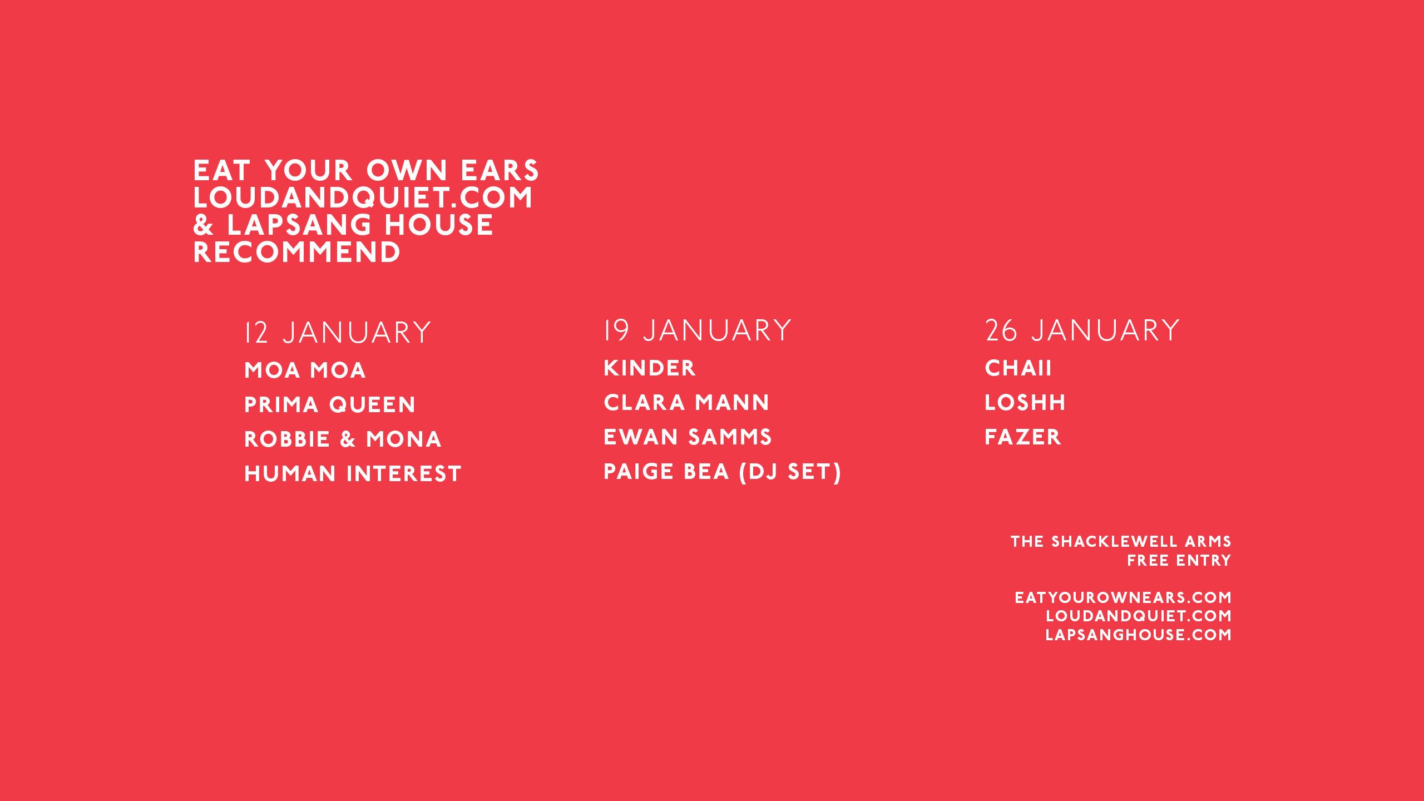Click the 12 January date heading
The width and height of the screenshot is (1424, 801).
click(x=338, y=333)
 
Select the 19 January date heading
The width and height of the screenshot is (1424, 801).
click(x=698, y=330)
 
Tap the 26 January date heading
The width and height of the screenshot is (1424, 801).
click(x=1082, y=330)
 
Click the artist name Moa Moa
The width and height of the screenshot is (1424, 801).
click(x=305, y=370)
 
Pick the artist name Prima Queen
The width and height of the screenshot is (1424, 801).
click(x=330, y=405)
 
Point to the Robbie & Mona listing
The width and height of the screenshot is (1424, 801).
click(x=343, y=439)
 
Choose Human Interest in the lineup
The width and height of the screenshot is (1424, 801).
click(x=353, y=474)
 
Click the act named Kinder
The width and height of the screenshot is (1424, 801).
click(x=650, y=368)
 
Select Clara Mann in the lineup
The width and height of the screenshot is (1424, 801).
click(x=686, y=403)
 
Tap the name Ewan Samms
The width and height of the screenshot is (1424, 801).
click(x=688, y=437)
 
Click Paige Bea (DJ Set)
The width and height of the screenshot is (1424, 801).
click(x=723, y=472)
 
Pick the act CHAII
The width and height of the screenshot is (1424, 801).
click(x=1018, y=368)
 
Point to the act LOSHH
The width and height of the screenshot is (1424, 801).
click(x=1025, y=403)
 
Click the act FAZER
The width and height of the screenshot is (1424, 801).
click(x=1023, y=437)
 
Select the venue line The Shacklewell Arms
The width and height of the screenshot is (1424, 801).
click(x=1121, y=542)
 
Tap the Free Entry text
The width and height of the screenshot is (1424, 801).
click(x=1179, y=561)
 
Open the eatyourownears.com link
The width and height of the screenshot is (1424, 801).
click(x=1123, y=598)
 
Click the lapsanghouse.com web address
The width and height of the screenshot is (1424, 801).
click(x=1139, y=635)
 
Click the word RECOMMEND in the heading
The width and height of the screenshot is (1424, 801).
click(x=296, y=253)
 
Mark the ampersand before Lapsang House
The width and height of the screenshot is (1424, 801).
click(x=204, y=225)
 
